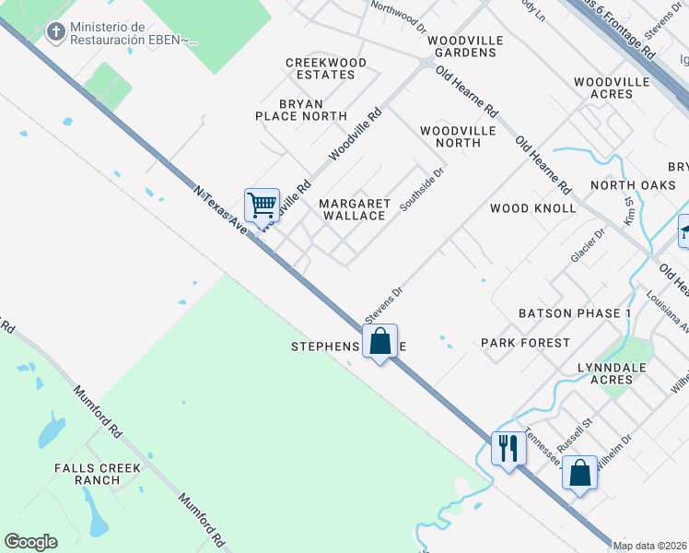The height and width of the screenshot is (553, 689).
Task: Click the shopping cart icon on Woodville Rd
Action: point(263,205)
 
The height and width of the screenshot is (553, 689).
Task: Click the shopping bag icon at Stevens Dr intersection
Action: point(380,342)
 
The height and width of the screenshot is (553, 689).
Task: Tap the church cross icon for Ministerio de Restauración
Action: point(56,33)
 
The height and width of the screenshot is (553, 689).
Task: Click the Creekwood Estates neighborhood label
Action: point(326,68)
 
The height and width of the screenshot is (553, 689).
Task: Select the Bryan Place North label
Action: point(301,109)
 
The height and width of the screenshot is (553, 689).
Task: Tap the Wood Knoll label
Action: point(533,208)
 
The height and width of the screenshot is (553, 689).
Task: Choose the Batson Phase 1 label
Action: point(575,313)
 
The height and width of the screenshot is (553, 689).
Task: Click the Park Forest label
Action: point(526,343)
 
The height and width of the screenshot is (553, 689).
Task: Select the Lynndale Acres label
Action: point(617,373)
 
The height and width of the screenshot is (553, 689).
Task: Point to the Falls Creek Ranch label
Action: point(99,474)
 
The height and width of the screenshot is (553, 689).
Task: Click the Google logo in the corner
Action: point(30,541)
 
